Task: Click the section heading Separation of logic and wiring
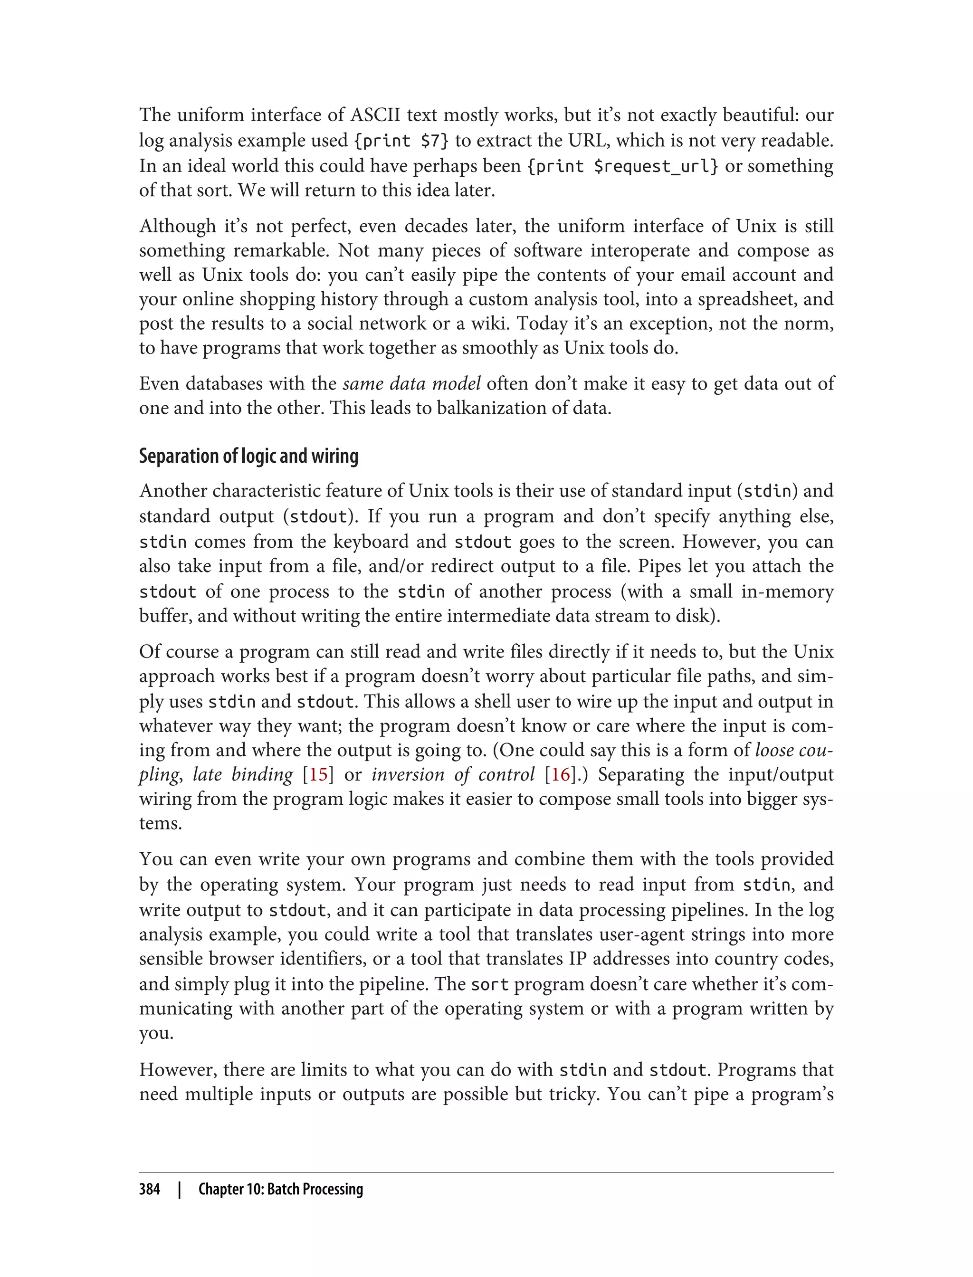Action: pos(248,457)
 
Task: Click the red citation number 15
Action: pos(318,775)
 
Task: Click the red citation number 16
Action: pos(560,775)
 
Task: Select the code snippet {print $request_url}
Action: pos(622,166)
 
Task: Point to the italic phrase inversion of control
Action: pos(453,775)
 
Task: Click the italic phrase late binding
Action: pos(243,775)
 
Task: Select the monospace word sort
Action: pos(489,984)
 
